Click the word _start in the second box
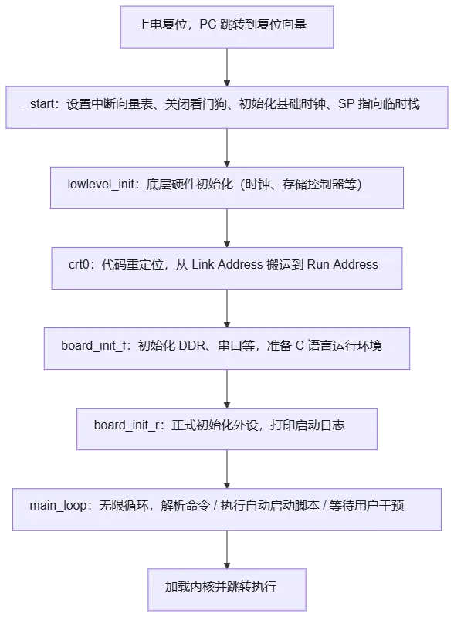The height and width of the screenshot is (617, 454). click(x=39, y=104)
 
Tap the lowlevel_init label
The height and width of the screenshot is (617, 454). click(x=101, y=185)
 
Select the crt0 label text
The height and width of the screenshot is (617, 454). click(x=79, y=264)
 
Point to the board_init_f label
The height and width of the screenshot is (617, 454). click(x=94, y=345)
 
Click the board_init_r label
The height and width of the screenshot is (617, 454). click(x=127, y=425)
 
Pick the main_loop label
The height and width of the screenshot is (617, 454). click(x=58, y=506)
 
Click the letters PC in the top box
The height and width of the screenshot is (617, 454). click(x=208, y=25)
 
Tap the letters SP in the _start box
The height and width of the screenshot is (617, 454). click(x=346, y=104)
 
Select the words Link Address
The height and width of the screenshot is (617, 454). click(x=227, y=264)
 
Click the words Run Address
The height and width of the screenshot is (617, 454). click(x=342, y=264)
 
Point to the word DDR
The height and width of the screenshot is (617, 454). click(x=192, y=345)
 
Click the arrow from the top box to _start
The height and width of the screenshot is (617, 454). click(x=227, y=67)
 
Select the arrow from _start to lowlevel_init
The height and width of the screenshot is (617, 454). click(x=227, y=148)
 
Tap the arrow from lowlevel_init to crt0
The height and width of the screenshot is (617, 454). click(x=227, y=229)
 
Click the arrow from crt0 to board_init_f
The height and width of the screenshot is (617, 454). click(x=227, y=309)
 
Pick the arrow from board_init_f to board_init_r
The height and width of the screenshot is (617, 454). click(x=227, y=388)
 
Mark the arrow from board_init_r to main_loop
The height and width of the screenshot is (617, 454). click(x=227, y=470)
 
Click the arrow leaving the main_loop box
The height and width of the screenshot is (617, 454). click(x=227, y=550)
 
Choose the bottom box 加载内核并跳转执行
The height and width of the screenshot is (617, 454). click(x=227, y=589)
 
